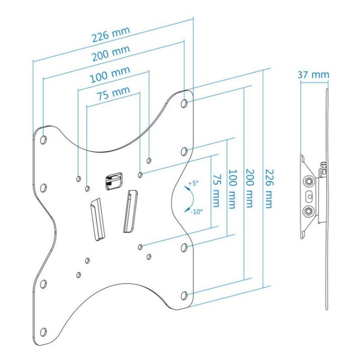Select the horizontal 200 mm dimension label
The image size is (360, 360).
111,53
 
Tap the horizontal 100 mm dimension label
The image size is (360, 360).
110,74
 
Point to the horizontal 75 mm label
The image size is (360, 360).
113,93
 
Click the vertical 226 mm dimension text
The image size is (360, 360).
269,189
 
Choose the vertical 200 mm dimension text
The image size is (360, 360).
250,188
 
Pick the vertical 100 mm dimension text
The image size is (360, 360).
232,189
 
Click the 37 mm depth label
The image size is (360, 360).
313,75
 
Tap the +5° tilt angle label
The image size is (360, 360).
193,183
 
